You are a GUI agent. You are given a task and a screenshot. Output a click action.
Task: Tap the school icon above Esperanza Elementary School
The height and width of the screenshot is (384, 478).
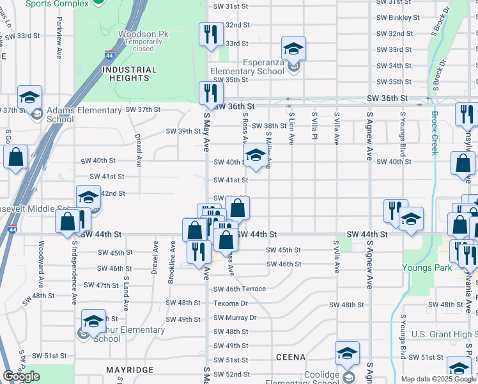click(293, 48)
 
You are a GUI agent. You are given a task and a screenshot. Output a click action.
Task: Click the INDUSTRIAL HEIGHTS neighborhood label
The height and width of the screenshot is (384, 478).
click(128, 74)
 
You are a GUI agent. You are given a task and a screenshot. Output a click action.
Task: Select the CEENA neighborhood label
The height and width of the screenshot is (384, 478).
click(291, 356)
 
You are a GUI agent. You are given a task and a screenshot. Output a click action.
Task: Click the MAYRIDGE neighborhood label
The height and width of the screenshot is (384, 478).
click(130, 370)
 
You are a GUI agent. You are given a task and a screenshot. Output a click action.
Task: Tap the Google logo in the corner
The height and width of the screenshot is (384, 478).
click(21, 376)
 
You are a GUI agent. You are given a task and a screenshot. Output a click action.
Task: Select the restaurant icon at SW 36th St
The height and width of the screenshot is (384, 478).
click(208, 93)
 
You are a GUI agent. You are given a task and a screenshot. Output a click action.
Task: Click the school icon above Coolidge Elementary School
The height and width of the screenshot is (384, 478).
click(347, 353)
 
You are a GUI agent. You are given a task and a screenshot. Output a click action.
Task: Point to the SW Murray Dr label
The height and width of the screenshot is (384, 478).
click(235, 317)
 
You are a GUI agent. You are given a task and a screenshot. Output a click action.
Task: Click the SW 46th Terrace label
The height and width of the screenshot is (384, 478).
click(239, 289)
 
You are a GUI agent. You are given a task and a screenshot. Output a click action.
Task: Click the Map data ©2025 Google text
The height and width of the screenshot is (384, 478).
click(438, 379)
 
